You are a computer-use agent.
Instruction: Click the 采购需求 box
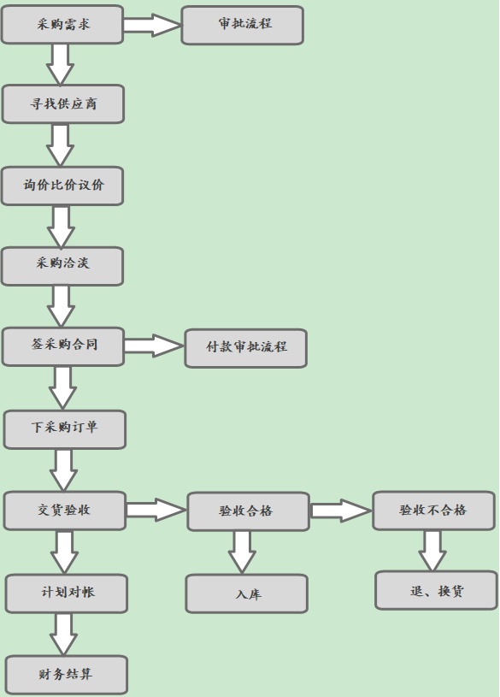[x=62, y=25]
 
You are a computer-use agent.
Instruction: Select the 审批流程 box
[x=242, y=25]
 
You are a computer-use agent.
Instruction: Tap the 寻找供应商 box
[x=62, y=104]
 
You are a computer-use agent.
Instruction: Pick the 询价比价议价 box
[x=62, y=186]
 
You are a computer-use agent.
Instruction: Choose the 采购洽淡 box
[x=62, y=266]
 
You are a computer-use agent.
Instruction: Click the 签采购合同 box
[x=62, y=346]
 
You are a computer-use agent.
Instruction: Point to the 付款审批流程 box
[x=246, y=348]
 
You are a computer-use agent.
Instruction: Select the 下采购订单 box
[x=65, y=429]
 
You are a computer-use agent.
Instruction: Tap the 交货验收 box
[x=65, y=511]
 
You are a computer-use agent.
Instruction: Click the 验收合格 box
[x=248, y=511]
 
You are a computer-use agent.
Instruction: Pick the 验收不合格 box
[x=433, y=511]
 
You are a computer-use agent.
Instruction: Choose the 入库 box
[x=247, y=594]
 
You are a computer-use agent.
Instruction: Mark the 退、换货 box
[x=436, y=590]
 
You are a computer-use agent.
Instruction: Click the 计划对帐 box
[x=67, y=594]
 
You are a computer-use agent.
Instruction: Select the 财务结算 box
[x=67, y=674]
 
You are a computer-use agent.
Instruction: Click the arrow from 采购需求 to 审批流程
[x=152, y=25]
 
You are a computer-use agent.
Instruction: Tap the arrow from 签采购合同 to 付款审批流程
[x=154, y=346]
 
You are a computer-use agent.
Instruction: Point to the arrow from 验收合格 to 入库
[x=242, y=552]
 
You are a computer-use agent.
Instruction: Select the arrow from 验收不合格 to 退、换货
[x=432, y=550]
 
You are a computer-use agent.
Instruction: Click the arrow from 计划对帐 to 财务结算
[x=63, y=634]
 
